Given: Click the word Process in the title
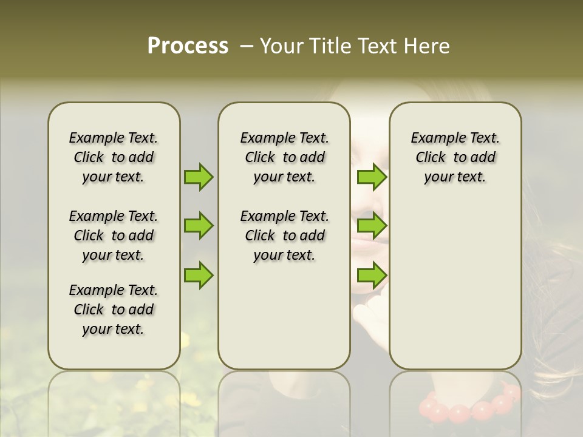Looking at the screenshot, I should pyautogui.click(x=188, y=46).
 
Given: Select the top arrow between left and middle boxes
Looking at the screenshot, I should pyautogui.click(x=199, y=177).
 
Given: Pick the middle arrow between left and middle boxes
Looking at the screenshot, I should pyautogui.click(x=199, y=226).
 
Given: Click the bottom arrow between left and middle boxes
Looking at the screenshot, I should pyautogui.click(x=199, y=275).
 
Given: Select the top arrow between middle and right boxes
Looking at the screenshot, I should pyautogui.click(x=372, y=177).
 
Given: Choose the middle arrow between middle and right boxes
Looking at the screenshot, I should pyautogui.click(x=372, y=226).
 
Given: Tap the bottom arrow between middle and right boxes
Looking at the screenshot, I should pyautogui.click(x=372, y=275).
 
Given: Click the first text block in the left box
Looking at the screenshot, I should pyautogui.click(x=114, y=157).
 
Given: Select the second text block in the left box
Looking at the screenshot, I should pyautogui.click(x=114, y=235).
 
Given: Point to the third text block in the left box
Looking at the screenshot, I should pyautogui.click(x=114, y=310).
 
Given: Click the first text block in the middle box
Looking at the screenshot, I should pyautogui.click(x=285, y=157).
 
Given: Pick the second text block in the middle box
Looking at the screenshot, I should pyautogui.click(x=285, y=235).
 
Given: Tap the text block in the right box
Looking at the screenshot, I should pyautogui.click(x=455, y=157).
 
